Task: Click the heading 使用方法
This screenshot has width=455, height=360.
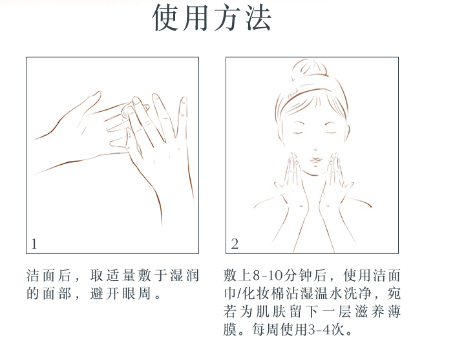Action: [212, 17]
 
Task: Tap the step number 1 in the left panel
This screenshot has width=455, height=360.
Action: [34, 244]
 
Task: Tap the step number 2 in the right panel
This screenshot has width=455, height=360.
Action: [235, 244]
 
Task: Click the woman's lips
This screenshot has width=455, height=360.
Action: [315, 160]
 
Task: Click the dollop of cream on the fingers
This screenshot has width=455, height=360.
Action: [127, 111]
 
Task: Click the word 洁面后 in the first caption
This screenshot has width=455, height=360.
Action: [48, 275]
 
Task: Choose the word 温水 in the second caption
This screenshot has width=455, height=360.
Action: [329, 293]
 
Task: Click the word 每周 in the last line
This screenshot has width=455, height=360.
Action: [265, 330]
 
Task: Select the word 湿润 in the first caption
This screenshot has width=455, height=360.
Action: [184, 275]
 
